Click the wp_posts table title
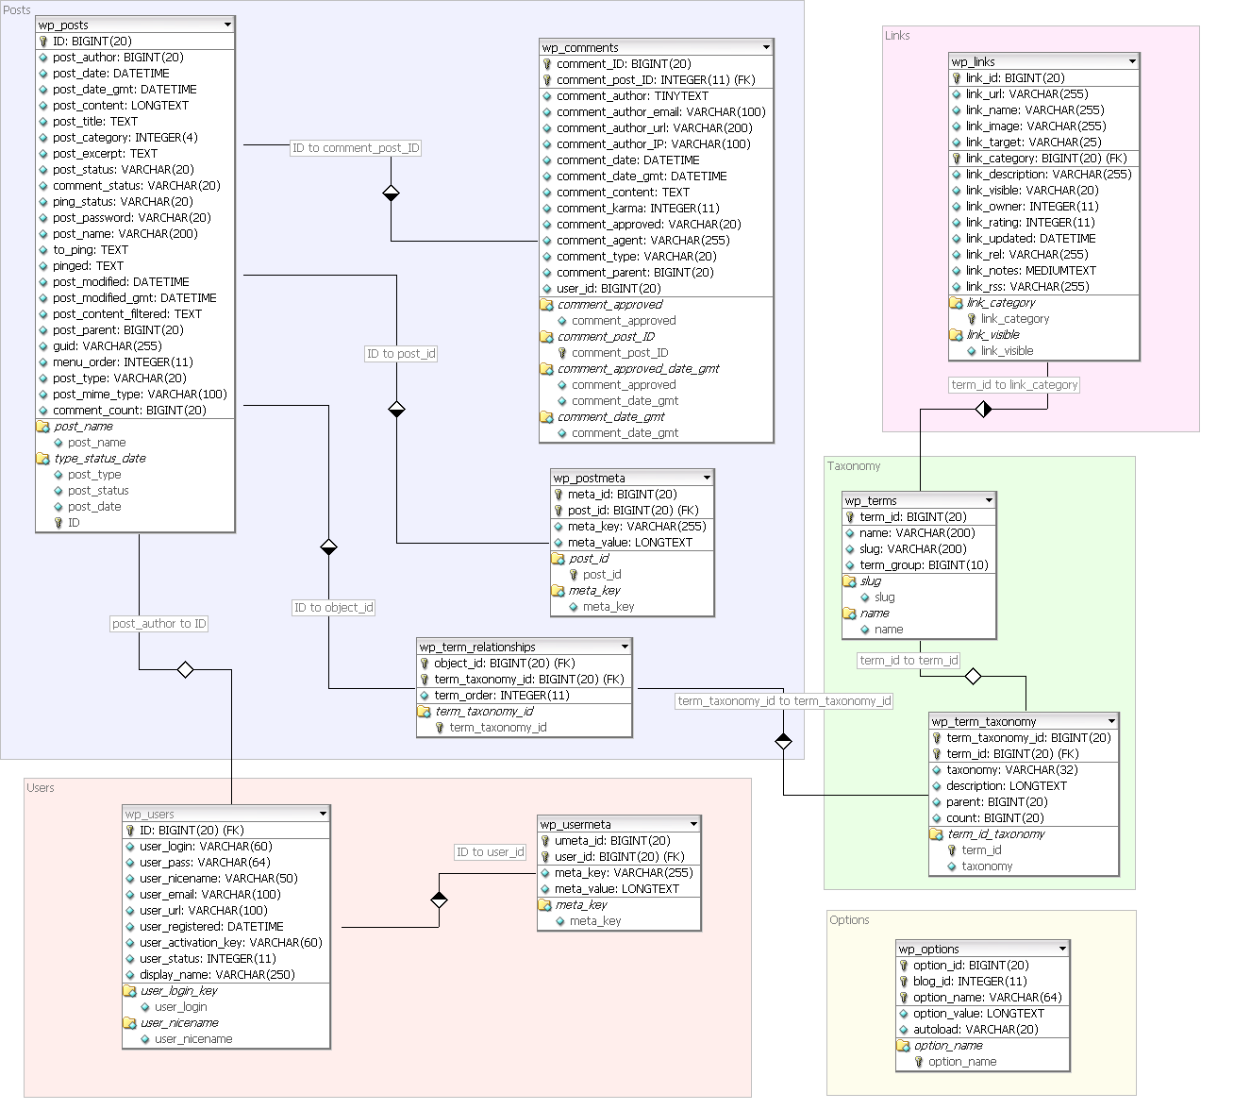[x=64, y=25]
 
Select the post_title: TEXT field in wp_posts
[x=94, y=122]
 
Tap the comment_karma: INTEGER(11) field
[x=637, y=209]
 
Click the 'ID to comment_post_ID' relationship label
[x=356, y=148]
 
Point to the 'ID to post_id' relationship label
[x=401, y=354]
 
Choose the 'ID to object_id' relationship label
[x=333, y=608]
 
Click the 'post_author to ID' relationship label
[x=159, y=624]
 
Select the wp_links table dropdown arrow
[x=1132, y=61]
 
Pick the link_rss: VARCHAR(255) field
[x=1026, y=287]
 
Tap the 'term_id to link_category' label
[x=1014, y=385]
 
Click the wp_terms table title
[x=871, y=501]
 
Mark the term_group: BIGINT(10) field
[x=923, y=565]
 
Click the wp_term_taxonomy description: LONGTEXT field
[x=1006, y=786]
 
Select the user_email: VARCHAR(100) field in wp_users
[x=209, y=895]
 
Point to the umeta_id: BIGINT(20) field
[x=611, y=841]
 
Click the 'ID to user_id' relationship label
[x=491, y=852]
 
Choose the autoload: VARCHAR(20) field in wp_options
[x=975, y=1030]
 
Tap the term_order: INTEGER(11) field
[x=501, y=696]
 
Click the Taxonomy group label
[x=854, y=466]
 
